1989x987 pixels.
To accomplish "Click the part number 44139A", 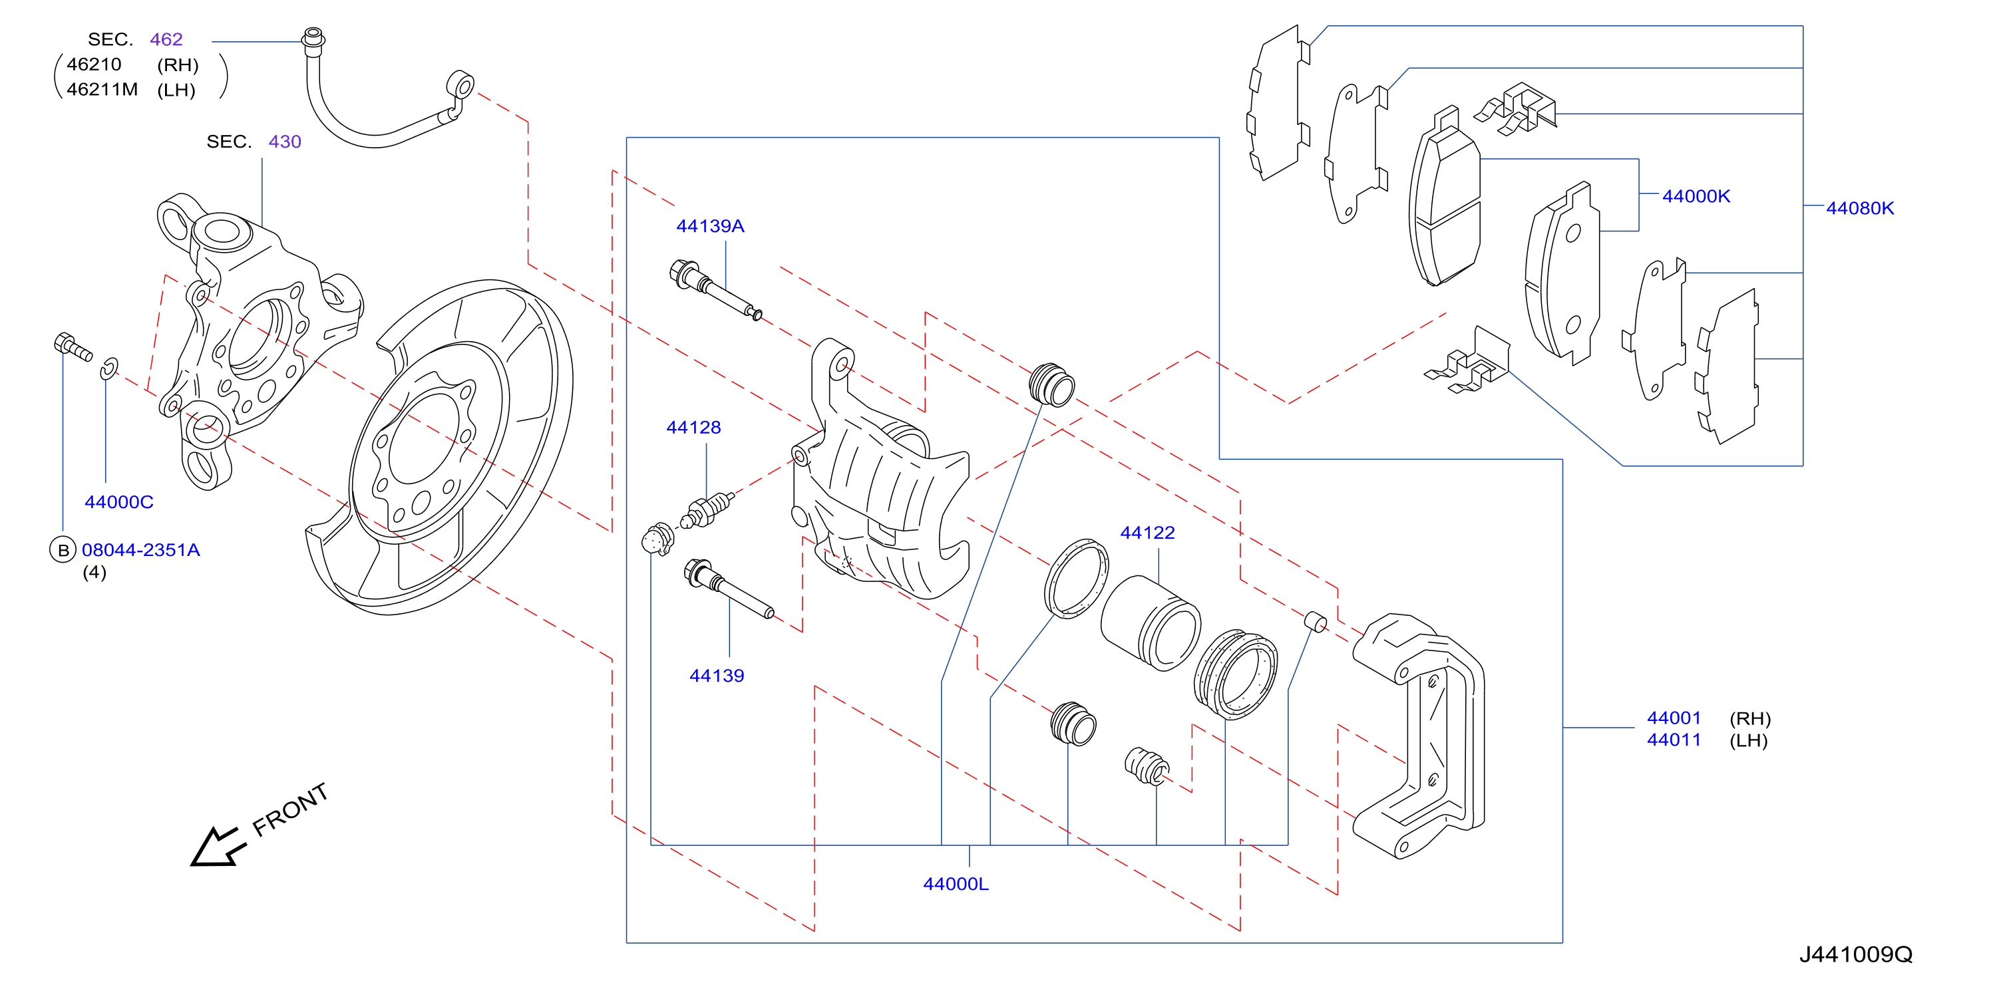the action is (x=709, y=226).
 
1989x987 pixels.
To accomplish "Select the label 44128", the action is (x=693, y=428).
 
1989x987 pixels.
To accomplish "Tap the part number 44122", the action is (x=1147, y=533).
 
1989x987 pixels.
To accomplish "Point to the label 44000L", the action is (x=956, y=884).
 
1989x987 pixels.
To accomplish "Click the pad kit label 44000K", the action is (x=1696, y=196).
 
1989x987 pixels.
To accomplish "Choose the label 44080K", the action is (x=1860, y=208).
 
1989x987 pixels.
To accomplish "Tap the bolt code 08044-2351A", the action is (x=140, y=549).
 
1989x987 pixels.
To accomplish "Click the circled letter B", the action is (x=63, y=550).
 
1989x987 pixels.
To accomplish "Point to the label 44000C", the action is (x=119, y=501).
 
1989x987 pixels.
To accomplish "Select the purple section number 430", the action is (x=285, y=141).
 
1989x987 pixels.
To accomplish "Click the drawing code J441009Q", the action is (x=1856, y=954).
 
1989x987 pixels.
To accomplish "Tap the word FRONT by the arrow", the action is (x=291, y=809).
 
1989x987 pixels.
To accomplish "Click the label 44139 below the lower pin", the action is (x=717, y=675).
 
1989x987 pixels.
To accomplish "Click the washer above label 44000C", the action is (x=109, y=369).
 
